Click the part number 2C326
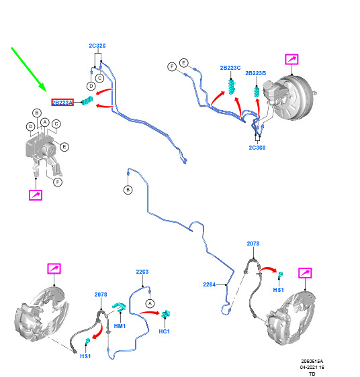click(97, 46)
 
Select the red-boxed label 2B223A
click(62, 103)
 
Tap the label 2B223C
click(230, 68)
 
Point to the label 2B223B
click(255, 73)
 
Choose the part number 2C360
click(257, 148)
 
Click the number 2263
click(142, 272)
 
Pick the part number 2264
click(209, 284)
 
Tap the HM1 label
click(120, 326)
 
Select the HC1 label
click(165, 331)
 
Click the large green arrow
click(29, 69)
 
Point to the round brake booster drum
click(294, 97)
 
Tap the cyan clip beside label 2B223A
click(87, 101)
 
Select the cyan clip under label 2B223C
click(232, 87)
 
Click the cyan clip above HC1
click(166, 314)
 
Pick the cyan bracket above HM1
click(119, 307)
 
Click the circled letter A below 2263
click(150, 303)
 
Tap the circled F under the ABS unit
click(58, 182)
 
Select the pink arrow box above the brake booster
click(291, 59)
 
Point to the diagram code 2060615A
click(312, 361)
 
